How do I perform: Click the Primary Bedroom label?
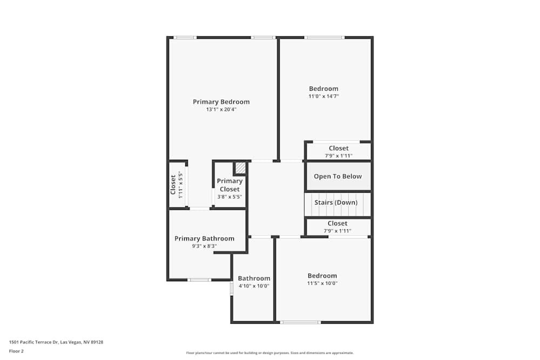[221, 101]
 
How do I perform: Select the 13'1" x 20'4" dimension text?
[221, 110]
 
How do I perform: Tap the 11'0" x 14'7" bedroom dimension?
[323, 97]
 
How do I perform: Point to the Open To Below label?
[337, 176]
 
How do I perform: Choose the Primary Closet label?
[230, 185]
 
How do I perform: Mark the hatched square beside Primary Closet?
[240, 168]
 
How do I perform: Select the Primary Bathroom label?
[204, 239]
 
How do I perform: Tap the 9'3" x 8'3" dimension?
[204, 246]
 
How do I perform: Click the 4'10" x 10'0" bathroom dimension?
[254, 287]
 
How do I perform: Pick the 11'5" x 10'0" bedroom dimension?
[322, 283]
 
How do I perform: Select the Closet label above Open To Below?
[339, 148]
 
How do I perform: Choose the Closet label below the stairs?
[337, 223]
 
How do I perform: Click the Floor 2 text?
[16, 351]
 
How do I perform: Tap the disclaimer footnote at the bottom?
[269, 353]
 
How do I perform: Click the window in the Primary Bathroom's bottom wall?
[199, 280]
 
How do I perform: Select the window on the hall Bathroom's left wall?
[232, 288]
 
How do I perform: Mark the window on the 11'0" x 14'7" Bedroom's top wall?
[324, 38]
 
